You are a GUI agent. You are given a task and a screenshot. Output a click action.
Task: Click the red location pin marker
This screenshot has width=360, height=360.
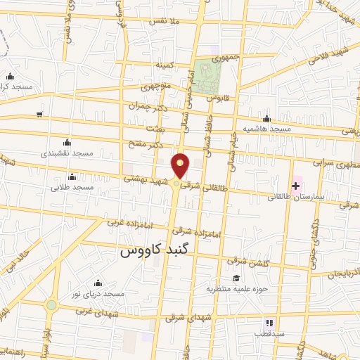pyautogui.click(x=181, y=166)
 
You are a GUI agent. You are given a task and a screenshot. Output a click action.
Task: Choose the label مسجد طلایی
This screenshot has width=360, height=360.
pyautogui.click(x=74, y=188)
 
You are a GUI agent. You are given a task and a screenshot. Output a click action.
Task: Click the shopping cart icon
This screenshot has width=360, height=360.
pyautogui.click(x=40, y=114)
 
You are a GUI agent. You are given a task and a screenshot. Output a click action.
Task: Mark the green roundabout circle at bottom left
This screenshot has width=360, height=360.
pyautogui.click(x=51, y=305)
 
